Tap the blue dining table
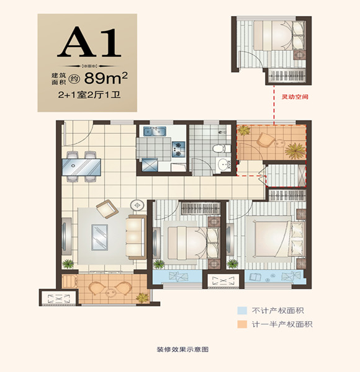83,166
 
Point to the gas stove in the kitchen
178,148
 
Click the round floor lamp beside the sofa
136,204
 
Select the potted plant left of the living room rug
68,263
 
